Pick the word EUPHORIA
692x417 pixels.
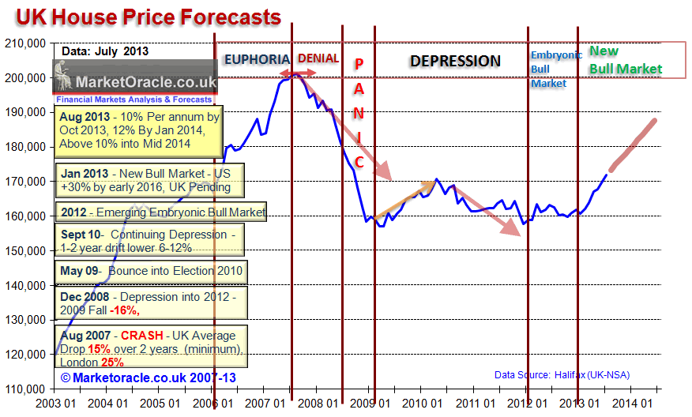pyautogui.click(x=257, y=59)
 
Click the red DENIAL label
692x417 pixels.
pyautogui.click(x=318, y=58)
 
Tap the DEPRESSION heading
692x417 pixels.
pyautogui.click(x=455, y=61)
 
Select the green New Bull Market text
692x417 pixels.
pyautogui.click(x=626, y=60)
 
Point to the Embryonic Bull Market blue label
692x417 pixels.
pyautogui.click(x=555, y=68)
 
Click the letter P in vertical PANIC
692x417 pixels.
pyautogui.click(x=358, y=65)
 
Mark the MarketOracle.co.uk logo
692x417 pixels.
pyautogui.click(x=134, y=81)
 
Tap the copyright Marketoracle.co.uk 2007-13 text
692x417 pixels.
pyautogui.click(x=145, y=378)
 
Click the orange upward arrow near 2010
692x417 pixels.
pyautogui.click(x=404, y=199)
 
